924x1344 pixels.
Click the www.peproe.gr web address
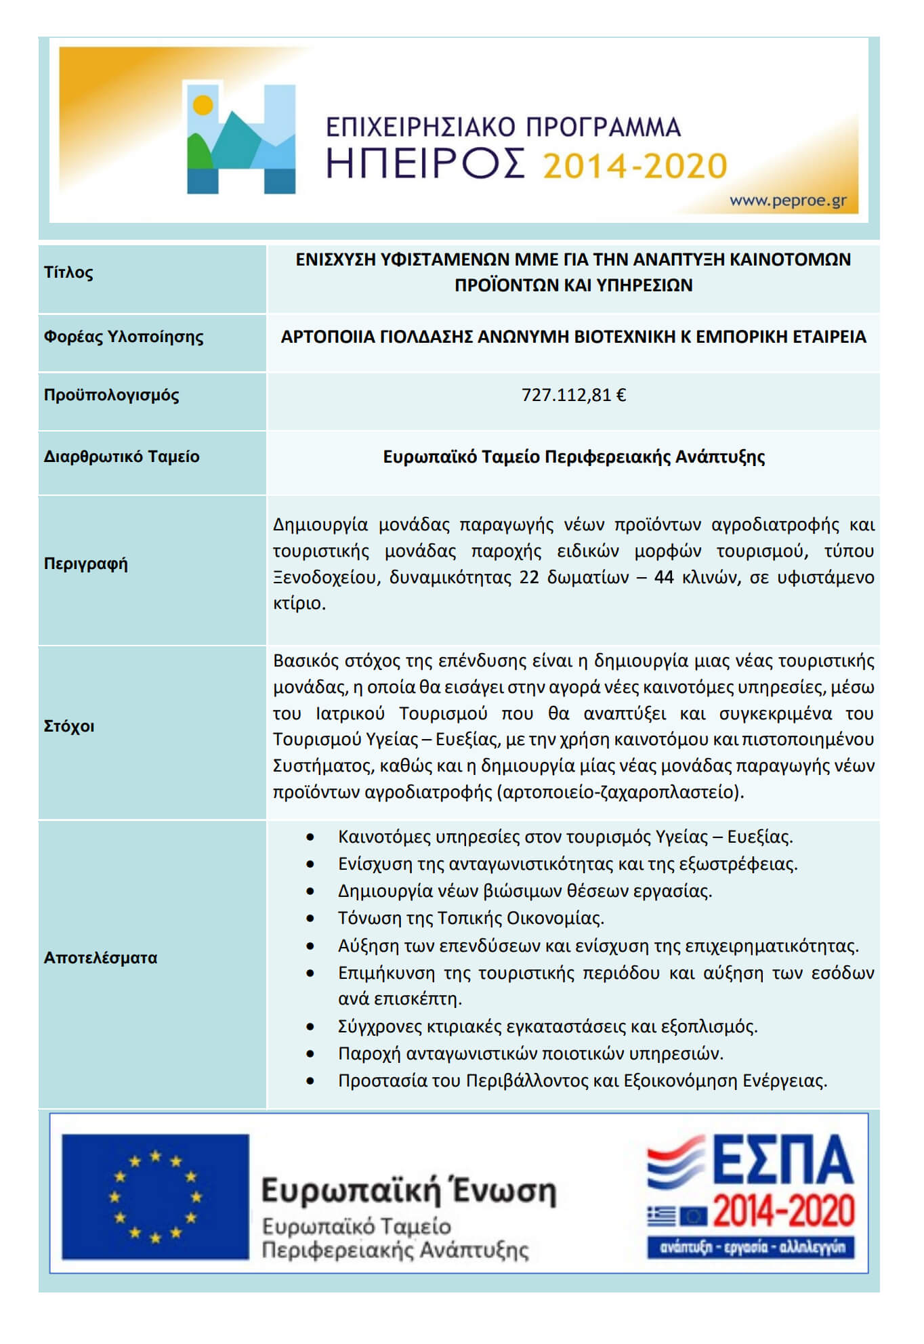[787, 201]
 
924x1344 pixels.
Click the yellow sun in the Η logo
[203, 105]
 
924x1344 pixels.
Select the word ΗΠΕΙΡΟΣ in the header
[425, 165]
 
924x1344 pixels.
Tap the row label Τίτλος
[68, 272]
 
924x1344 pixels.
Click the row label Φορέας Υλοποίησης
[123, 337]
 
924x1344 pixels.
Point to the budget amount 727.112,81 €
[573, 395]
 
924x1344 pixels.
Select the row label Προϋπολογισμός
[111, 395]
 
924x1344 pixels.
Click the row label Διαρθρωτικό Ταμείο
[121, 457]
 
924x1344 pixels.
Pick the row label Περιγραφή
[85, 564]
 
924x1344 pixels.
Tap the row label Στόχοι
[69, 726]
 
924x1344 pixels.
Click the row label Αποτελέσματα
[100, 958]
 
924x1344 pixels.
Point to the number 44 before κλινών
[664, 577]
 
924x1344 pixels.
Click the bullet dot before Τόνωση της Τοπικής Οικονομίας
[310, 919]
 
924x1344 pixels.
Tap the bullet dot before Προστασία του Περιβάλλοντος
[310, 1081]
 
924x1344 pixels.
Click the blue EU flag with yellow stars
[155, 1197]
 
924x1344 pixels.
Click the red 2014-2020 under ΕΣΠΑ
[782, 1211]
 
